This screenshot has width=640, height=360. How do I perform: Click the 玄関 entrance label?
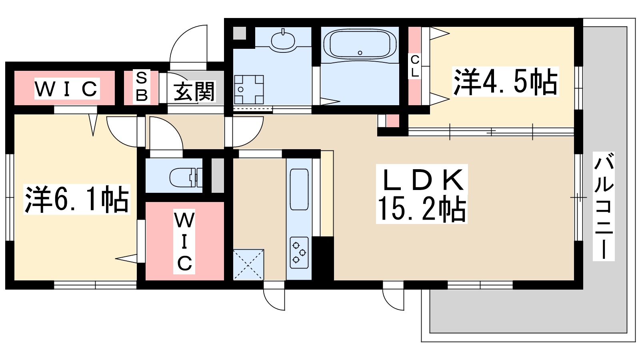pos(194,91)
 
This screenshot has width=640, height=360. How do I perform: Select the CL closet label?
pos(415,66)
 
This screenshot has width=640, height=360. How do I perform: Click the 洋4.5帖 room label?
pos(505,82)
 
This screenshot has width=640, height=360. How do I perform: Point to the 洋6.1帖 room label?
pos(77,199)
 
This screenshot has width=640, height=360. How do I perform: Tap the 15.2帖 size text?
pos(422,209)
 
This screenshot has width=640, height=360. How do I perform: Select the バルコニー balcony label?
pos(604,207)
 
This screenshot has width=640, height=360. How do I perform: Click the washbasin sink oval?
pos(283,39)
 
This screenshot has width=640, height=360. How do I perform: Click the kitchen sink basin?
pos(299,189)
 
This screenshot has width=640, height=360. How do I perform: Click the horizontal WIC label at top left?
pos(66,89)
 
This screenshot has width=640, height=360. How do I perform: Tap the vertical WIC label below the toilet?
pos(184,242)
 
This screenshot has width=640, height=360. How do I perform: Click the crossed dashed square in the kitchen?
pos(248,264)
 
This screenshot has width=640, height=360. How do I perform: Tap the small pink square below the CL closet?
pos(393,121)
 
